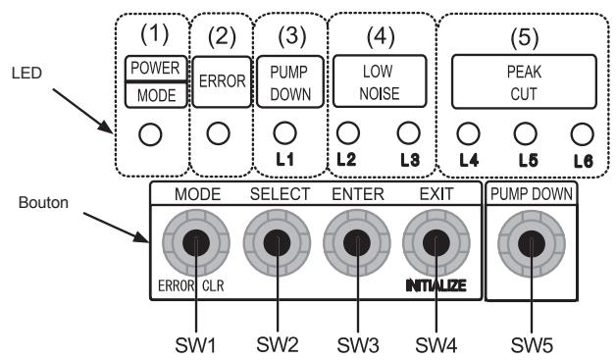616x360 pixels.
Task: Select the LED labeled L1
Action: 284,130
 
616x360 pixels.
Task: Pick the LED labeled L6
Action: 583,130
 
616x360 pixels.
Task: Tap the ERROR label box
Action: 222,81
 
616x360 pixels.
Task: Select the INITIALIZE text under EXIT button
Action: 439,286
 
